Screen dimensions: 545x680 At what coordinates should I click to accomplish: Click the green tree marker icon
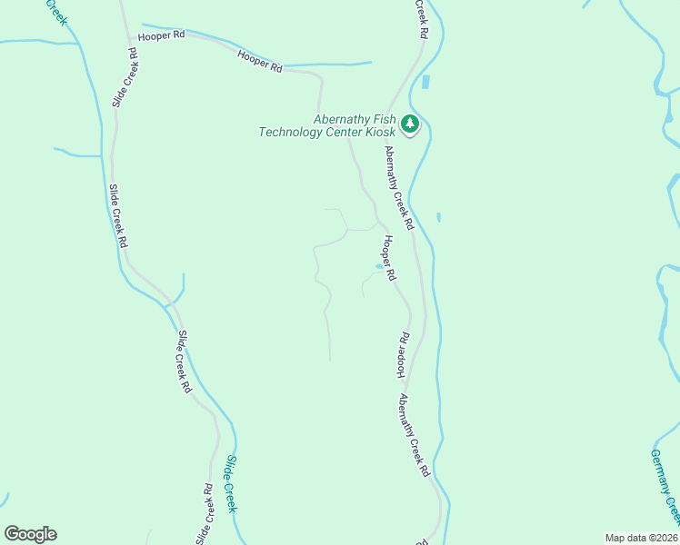[410, 124]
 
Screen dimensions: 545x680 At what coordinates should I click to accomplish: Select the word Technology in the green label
[290, 133]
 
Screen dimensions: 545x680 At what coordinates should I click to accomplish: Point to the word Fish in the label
[383, 119]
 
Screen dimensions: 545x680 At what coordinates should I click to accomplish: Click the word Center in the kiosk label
[343, 133]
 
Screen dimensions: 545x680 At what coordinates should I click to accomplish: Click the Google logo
[30, 534]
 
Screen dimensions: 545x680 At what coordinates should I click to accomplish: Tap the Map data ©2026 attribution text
[641, 537]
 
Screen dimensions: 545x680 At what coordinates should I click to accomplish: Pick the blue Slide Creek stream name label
[230, 484]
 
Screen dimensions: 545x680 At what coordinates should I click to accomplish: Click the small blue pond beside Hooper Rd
[378, 266]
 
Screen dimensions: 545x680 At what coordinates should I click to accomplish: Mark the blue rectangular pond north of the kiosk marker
[425, 82]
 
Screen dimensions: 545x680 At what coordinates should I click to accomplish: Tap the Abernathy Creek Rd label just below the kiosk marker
[399, 187]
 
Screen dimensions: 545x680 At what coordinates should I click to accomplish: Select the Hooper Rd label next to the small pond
[389, 258]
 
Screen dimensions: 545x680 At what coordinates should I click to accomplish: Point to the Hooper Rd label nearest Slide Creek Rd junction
[161, 35]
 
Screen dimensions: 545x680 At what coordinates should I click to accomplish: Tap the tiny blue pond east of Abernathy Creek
[438, 217]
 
